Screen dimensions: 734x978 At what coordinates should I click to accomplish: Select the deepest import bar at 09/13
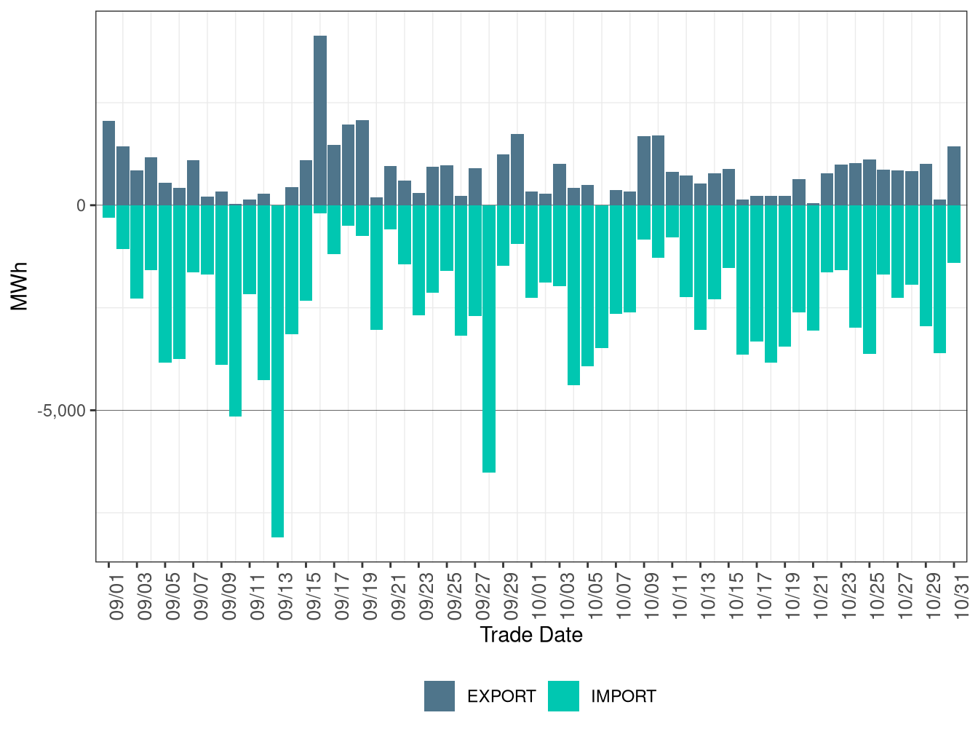coord(277,371)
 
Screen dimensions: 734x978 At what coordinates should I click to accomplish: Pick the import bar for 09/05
coord(165,284)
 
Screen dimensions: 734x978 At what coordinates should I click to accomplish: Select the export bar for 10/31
coord(954,175)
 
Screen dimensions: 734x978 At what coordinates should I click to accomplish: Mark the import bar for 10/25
coord(870,280)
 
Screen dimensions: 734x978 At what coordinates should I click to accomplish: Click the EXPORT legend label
coord(501,697)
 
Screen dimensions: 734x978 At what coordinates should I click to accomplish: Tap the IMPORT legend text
coord(624,697)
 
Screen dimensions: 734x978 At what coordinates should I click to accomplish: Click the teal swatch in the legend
coord(564,696)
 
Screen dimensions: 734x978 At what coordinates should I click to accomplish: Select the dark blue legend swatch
coord(440,696)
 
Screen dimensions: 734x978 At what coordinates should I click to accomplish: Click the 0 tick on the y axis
coord(81,206)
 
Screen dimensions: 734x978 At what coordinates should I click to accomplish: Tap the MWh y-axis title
coord(20,286)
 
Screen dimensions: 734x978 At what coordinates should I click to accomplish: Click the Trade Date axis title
coord(531,635)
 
